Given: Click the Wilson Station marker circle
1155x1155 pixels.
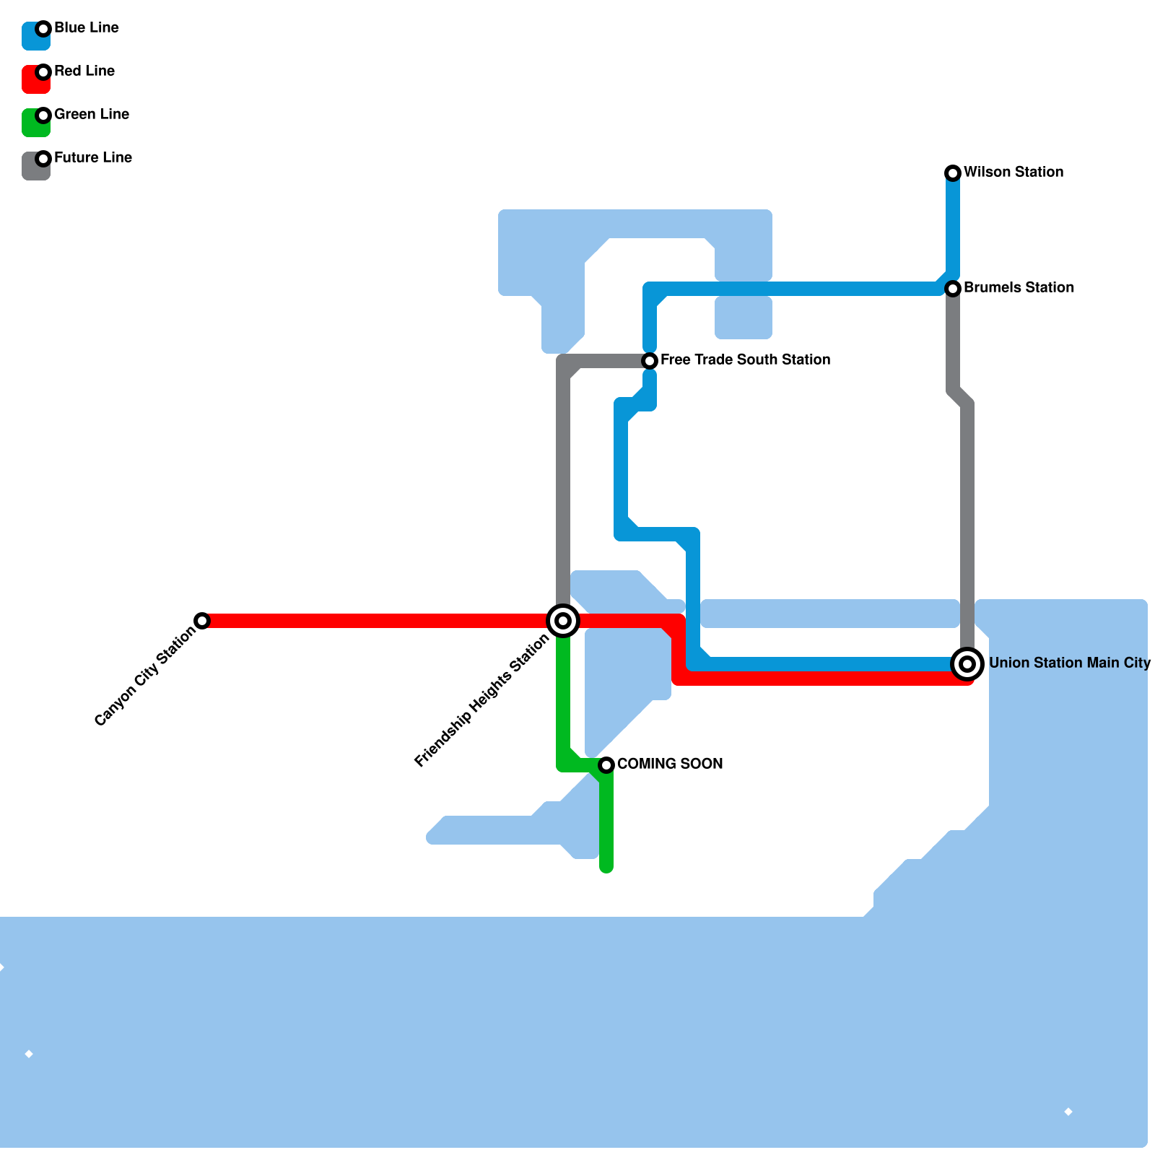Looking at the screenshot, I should click(x=953, y=173).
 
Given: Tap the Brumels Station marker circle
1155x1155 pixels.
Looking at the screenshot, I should click(x=953, y=289).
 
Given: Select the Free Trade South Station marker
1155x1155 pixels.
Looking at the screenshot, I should click(x=650, y=361).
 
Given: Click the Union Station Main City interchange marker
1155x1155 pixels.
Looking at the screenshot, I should click(x=967, y=664).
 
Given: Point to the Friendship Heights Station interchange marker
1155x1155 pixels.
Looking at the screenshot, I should click(x=563, y=621).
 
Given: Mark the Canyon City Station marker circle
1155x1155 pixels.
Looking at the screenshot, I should click(x=202, y=621).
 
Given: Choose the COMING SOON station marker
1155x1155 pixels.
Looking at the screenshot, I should click(x=606, y=765).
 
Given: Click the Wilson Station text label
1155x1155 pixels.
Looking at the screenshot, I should click(x=1013, y=173).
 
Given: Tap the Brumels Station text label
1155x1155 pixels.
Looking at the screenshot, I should click(x=1019, y=288).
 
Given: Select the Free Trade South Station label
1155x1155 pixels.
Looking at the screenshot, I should click(x=745, y=360).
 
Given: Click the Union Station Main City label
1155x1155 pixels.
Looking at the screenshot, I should click(x=1069, y=663).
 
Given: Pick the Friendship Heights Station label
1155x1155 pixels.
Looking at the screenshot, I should click(x=482, y=701).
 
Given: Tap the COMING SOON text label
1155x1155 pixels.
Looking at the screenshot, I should click(x=670, y=764).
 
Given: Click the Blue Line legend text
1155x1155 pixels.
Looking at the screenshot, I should click(x=87, y=28).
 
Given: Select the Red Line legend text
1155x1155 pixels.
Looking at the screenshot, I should click(x=84, y=71).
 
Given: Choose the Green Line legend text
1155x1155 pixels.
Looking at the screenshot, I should click(x=92, y=115).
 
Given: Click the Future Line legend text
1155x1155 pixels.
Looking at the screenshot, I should click(x=93, y=158).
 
